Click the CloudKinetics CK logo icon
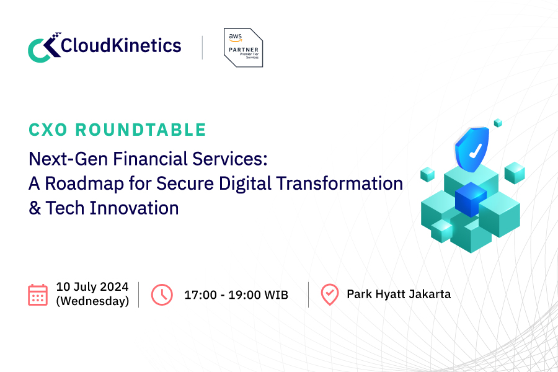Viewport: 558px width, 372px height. coord(44,47)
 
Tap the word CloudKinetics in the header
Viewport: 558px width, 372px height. coord(122,45)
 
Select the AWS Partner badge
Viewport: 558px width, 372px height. coord(243,47)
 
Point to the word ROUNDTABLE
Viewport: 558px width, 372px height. coord(144,130)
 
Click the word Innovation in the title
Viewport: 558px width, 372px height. coord(135,208)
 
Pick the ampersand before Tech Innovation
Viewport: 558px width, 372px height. coord(35,208)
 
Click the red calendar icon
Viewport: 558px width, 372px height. coord(38,294)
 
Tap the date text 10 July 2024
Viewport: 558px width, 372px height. coord(92,286)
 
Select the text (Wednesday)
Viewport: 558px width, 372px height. coord(92,301)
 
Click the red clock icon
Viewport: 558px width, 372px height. coord(162,294)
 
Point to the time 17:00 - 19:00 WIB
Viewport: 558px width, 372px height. coord(236,294)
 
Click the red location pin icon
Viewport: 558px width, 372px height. coord(330,294)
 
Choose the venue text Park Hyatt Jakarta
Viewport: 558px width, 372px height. coord(399,294)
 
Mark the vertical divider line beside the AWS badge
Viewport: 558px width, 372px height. coord(203,47)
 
